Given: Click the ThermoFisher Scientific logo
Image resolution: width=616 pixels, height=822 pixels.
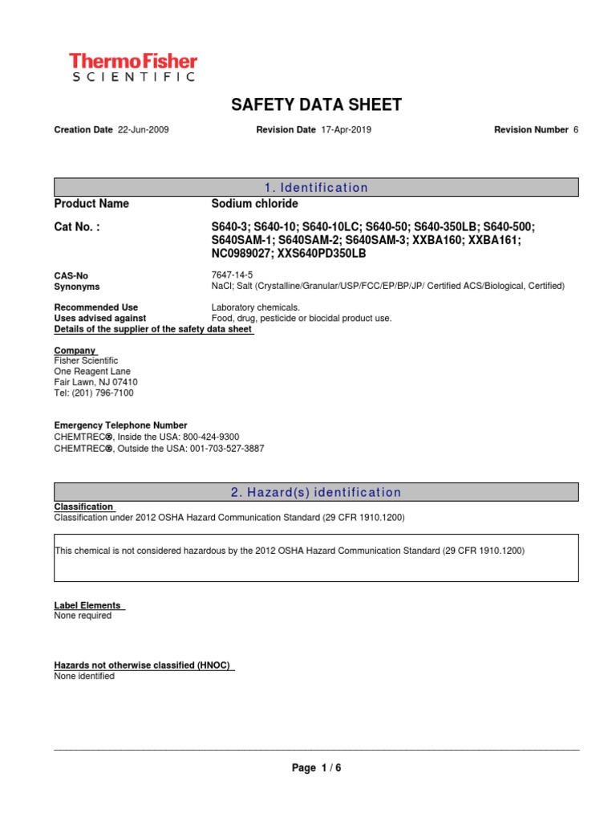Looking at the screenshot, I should coord(132,67).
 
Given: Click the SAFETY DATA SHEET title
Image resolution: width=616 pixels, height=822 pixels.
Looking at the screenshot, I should coord(316,105).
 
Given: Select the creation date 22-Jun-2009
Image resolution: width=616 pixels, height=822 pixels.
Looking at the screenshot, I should coord(143,130).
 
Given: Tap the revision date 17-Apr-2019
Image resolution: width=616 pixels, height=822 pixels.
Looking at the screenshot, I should coord(346,130).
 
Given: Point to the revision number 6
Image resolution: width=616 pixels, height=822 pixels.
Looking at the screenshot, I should coord(575,130).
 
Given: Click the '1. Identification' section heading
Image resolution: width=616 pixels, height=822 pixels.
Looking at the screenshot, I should coord(316,188).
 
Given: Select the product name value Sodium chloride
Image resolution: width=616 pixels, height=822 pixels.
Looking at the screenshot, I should coord(254,204).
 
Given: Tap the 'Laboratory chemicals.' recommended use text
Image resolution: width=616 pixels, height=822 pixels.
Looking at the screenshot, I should coord(255,307).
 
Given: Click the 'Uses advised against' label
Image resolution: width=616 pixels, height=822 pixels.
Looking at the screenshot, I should coord(99,319).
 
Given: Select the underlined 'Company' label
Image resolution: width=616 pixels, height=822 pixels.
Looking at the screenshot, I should coord(75,351).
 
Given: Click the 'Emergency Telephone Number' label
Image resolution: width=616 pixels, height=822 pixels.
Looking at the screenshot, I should coord(120,425).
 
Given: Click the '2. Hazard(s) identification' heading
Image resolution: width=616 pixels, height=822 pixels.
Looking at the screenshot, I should coord(316,493).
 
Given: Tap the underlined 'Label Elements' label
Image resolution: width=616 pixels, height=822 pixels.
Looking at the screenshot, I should coord(87,605).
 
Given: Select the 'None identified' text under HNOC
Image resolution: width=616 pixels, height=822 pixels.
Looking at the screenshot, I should coord(84,676).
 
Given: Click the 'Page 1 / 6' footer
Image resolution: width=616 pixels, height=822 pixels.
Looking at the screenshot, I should coord(317,768).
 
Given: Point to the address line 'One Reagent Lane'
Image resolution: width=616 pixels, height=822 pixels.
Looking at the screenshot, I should coord(92,372).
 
